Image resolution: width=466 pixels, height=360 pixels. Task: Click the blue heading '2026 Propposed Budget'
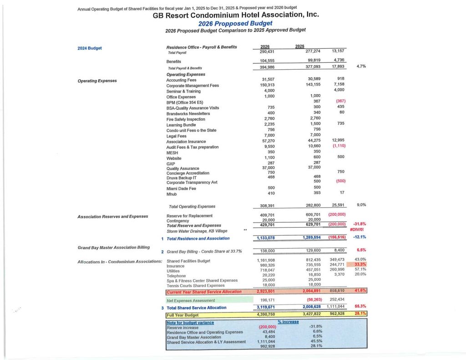click(x=235, y=23)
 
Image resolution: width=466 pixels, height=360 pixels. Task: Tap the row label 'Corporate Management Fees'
click(x=192, y=86)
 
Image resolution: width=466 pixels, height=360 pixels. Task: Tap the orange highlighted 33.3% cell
click(x=360, y=264)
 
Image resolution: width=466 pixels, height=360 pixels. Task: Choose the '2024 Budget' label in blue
click(x=90, y=47)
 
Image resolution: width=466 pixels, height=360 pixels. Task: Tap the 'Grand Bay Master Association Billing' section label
click(x=113, y=247)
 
